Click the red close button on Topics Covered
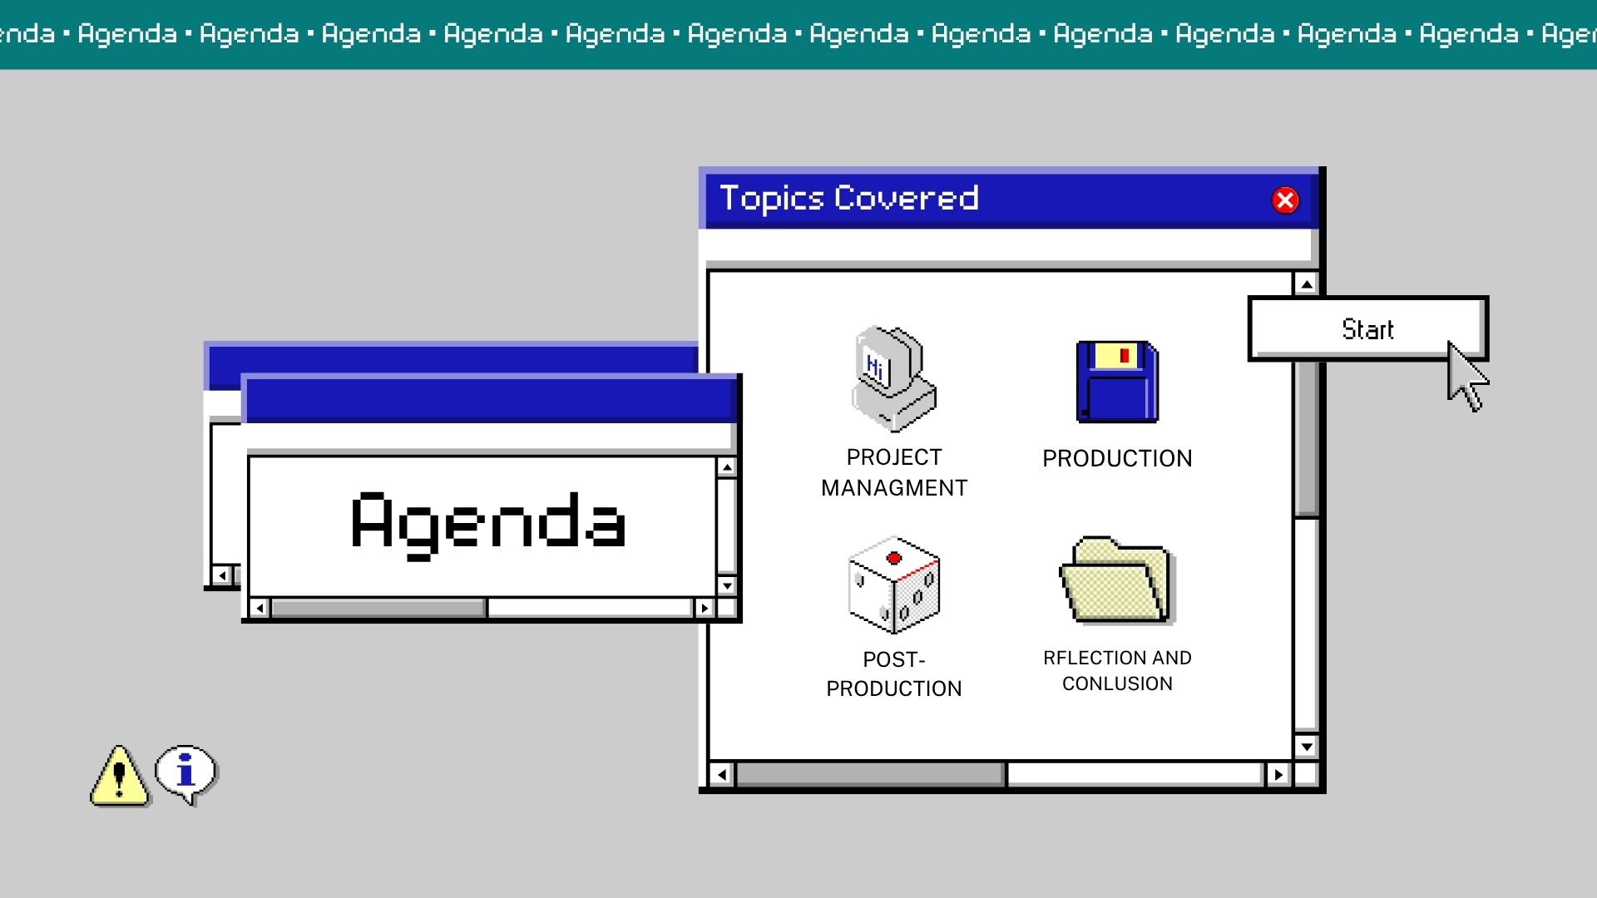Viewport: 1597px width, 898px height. [1285, 200]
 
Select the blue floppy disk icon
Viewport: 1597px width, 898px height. [1117, 382]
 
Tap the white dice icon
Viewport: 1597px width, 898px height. [894, 585]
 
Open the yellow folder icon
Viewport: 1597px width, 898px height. [1116, 580]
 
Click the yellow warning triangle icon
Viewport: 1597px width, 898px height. [120, 776]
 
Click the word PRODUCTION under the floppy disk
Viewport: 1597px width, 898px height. [1117, 458]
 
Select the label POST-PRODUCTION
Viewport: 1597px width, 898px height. [894, 674]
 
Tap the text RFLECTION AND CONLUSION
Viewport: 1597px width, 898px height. [1117, 670]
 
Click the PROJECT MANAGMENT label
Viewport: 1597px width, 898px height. [894, 472]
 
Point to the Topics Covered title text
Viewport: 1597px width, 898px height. [849, 199]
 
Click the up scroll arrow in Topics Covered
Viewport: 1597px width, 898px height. [1307, 284]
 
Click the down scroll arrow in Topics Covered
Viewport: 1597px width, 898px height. [1307, 747]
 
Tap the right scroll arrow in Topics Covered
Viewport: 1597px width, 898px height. [1278, 775]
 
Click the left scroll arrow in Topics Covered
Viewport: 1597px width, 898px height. [721, 775]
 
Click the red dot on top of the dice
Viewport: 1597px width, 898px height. [894, 558]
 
